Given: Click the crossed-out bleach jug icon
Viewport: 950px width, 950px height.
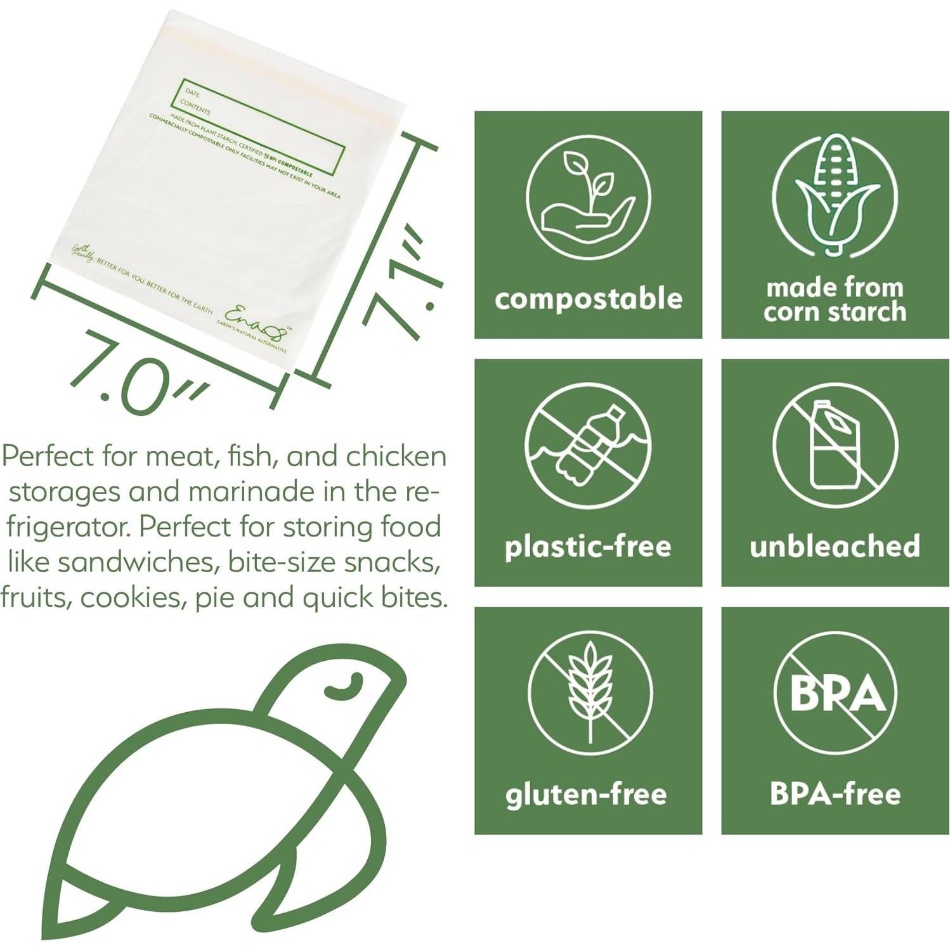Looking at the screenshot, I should [x=835, y=445].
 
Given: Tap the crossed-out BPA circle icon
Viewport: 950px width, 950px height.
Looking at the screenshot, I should [x=835, y=693].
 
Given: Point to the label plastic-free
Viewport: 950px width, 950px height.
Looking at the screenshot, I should [x=588, y=547].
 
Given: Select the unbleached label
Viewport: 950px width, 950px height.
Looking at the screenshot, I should [x=835, y=546].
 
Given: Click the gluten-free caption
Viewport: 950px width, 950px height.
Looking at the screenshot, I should [x=586, y=795].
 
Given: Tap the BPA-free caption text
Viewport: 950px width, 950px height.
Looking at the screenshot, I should [x=835, y=794].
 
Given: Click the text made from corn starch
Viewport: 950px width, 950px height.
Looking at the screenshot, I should [x=835, y=300].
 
